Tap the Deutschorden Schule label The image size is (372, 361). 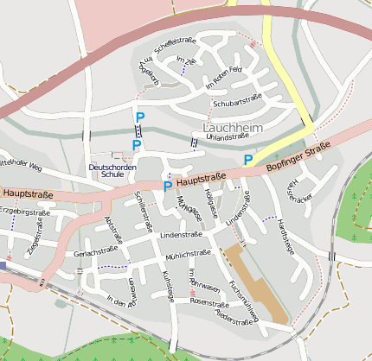tap(112, 170)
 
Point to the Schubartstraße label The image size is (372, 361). tap(236, 100)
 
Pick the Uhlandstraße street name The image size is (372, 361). tap(228, 137)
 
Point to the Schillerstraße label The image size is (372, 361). tap(138, 208)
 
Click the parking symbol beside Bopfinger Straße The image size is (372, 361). tap(247, 159)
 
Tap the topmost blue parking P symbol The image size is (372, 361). tap(139, 117)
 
